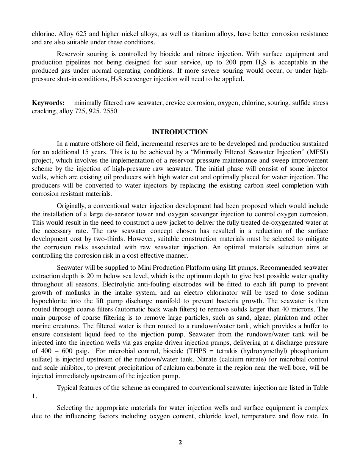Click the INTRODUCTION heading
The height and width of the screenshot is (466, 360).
tap(180, 132)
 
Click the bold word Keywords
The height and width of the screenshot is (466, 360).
tap(47, 103)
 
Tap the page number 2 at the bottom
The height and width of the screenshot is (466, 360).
tap(180, 442)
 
